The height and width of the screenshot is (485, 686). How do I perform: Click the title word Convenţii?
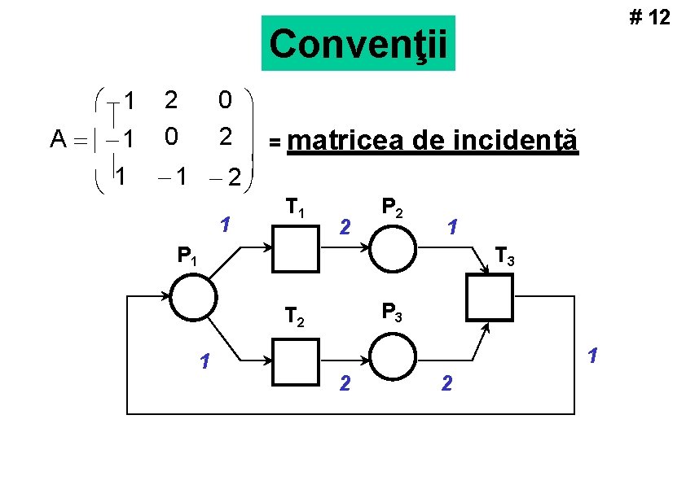click(358, 44)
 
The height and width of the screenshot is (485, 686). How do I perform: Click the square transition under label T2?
click(295, 360)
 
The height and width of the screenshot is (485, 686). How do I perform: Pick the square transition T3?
click(488, 298)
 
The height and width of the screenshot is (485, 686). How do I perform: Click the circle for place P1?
click(193, 298)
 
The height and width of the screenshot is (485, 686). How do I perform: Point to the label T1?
click(295, 212)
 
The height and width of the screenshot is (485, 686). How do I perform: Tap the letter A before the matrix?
click(58, 140)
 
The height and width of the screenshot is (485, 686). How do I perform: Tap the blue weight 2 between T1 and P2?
click(345, 225)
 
